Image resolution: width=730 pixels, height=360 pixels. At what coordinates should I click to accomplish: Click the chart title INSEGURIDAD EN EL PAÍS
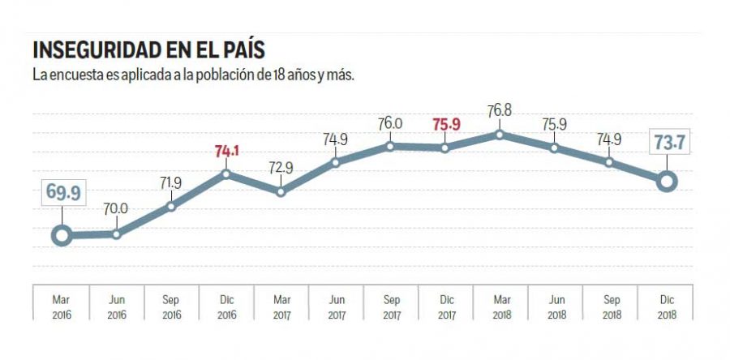pyautogui.click(x=148, y=50)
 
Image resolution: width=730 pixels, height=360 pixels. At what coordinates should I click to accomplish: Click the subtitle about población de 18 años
pyautogui.click(x=194, y=75)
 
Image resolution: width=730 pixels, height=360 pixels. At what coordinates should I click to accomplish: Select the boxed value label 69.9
pyautogui.click(x=61, y=194)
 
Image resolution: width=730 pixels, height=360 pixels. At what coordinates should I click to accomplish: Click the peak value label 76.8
pyautogui.click(x=500, y=109)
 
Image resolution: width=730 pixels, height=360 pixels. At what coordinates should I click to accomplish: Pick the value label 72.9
pyautogui.click(x=281, y=168)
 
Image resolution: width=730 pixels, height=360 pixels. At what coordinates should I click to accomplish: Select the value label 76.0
pyautogui.click(x=389, y=123)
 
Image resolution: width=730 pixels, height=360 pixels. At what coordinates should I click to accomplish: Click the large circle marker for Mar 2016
pyautogui.click(x=61, y=236)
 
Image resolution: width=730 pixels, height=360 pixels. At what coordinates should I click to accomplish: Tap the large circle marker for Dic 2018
pyautogui.click(x=666, y=181)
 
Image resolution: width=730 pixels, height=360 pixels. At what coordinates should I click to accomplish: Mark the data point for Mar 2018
pyautogui.click(x=500, y=134)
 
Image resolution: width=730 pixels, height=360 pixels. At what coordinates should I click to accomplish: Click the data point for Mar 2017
pyautogui.click(x=281, y=192)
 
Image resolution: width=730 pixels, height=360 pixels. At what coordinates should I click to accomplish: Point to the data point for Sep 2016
pyautogui.click(x=171, y=206)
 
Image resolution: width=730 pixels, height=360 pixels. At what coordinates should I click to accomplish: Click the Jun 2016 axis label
pyautogui.click(x=116, y=304)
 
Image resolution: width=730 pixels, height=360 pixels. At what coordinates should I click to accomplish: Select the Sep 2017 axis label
pyautogui.click(x=390, y=304)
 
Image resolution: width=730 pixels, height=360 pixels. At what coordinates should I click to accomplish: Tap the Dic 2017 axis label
pyautogui.click(x=445, y=304)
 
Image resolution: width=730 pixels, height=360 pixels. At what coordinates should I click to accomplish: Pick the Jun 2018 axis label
pyautogui.click(x=555, y=304)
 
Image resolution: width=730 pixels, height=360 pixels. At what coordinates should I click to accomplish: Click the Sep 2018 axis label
pyautogui.click(x=610, y=304)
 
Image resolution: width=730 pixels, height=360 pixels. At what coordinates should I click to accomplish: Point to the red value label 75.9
pyautogui.click(x=445, y=124)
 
